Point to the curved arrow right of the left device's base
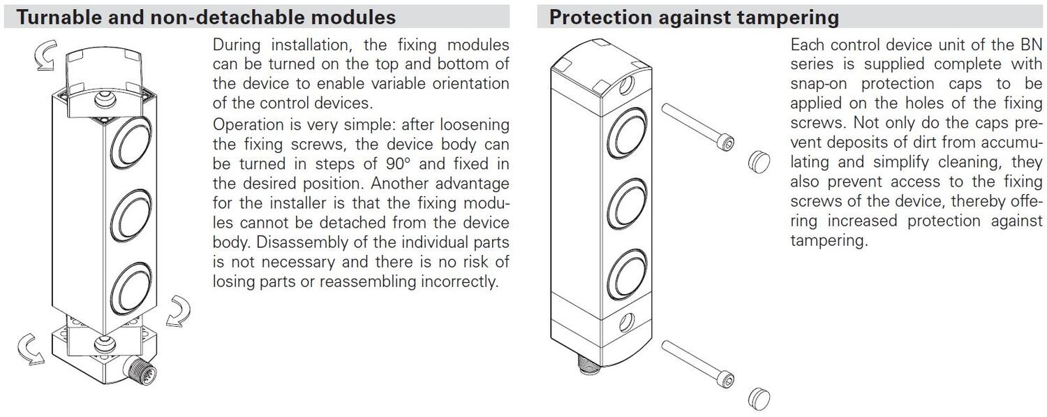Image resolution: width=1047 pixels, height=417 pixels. tap(179, 310)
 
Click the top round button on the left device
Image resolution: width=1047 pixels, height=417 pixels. tap(131, 142)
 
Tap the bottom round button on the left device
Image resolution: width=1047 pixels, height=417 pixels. tap(131, 288)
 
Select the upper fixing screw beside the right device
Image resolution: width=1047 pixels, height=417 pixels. tap(698, 126)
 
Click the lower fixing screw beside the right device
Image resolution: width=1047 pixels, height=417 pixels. tap(698, 364)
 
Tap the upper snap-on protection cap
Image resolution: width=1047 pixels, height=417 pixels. tap(759, 162)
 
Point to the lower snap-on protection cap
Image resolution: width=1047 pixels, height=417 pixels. tap(759, 399)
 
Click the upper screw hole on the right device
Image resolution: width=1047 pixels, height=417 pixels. tap(626, 85)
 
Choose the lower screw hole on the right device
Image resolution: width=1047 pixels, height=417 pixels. tap(626, 322)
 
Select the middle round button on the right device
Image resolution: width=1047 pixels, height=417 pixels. tap(628, 203)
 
